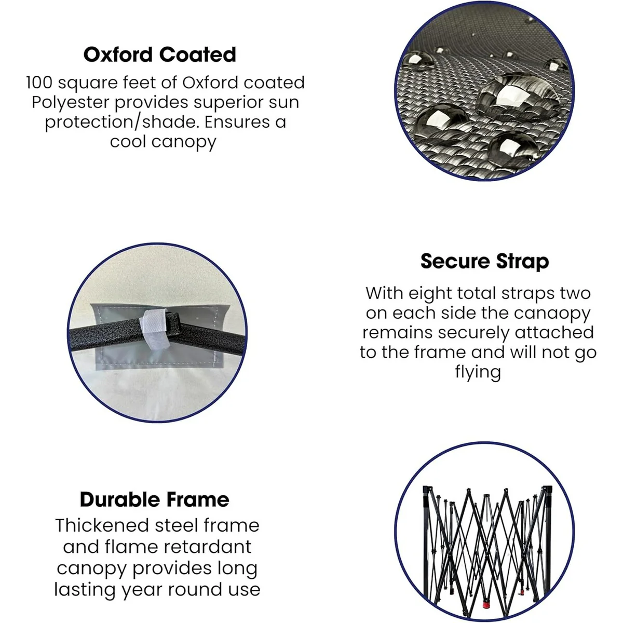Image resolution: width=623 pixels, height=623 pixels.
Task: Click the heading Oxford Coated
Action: click(x=160, y=55)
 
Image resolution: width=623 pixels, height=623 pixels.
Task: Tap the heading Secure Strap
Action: click(x=484, y=262)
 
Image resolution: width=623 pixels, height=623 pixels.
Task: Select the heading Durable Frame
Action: click(x=155, y=499)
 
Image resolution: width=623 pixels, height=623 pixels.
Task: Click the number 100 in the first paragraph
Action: click(x=39, y=83)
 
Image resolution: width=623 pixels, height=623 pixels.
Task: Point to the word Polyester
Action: click(x=71, y=103)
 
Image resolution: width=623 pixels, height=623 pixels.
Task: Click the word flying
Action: click(x=478, y=372)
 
